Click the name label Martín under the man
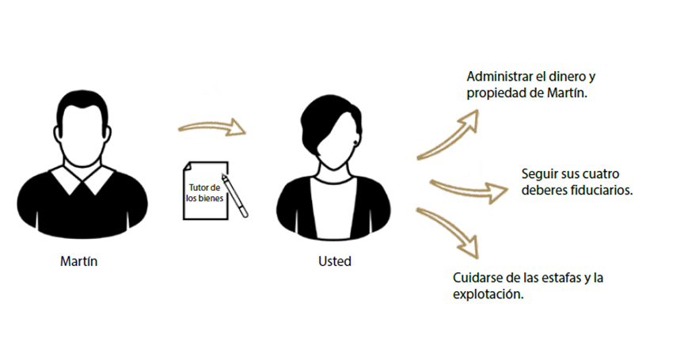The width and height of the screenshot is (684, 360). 78,261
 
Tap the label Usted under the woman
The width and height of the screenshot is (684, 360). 335,261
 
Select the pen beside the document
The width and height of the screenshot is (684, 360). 234,195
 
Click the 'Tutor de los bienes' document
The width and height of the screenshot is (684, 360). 206,191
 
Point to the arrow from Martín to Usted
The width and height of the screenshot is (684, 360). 212,127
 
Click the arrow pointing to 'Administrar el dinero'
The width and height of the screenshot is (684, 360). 450,135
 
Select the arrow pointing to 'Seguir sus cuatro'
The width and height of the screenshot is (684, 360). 469,189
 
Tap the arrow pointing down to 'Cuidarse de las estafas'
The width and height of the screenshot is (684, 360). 450,230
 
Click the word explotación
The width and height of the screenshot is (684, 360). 488,294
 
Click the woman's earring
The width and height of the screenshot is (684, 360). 356,143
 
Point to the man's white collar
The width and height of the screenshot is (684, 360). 83,180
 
